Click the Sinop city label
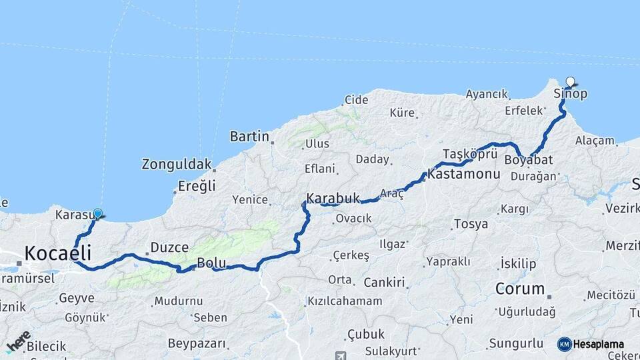(571, 94)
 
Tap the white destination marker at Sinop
(570, 82)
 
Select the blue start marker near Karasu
(98, 213)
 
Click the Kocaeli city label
(57, 253)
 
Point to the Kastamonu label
(465, 174)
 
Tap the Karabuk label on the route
(333, 198)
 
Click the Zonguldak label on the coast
(177, 164)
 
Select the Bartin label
(249, 137)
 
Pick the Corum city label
(520, 289)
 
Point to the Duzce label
(169, 247)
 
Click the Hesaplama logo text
(599, 344)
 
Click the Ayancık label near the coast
(487, 94)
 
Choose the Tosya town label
(471, 223)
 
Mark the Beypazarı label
(197, 344)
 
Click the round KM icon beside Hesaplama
(565, 344)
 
